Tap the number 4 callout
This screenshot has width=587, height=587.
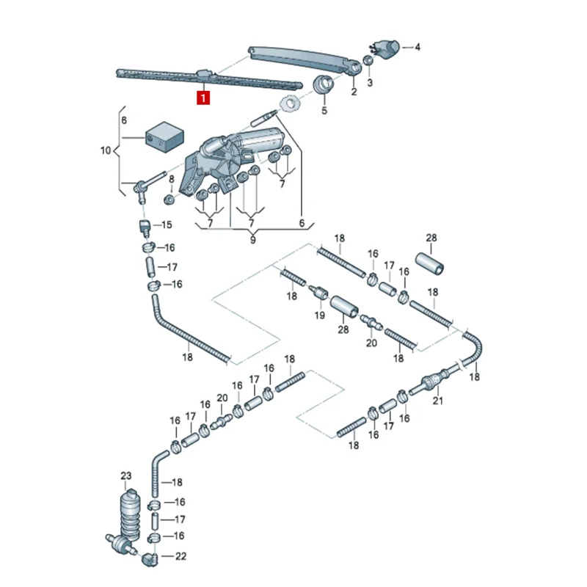(418, 48)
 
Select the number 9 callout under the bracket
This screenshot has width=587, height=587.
(252, 239)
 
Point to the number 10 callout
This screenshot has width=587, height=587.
(106, 150)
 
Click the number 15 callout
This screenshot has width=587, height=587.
(167, 225)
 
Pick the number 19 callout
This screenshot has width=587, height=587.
(319, 316)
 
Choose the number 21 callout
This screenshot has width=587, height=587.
(438, 401)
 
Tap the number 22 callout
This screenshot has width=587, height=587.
(181, 556)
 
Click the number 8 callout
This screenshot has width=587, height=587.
(171, 179)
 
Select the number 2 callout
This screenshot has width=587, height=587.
(354, 92)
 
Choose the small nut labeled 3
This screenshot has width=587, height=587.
(368, 61)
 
